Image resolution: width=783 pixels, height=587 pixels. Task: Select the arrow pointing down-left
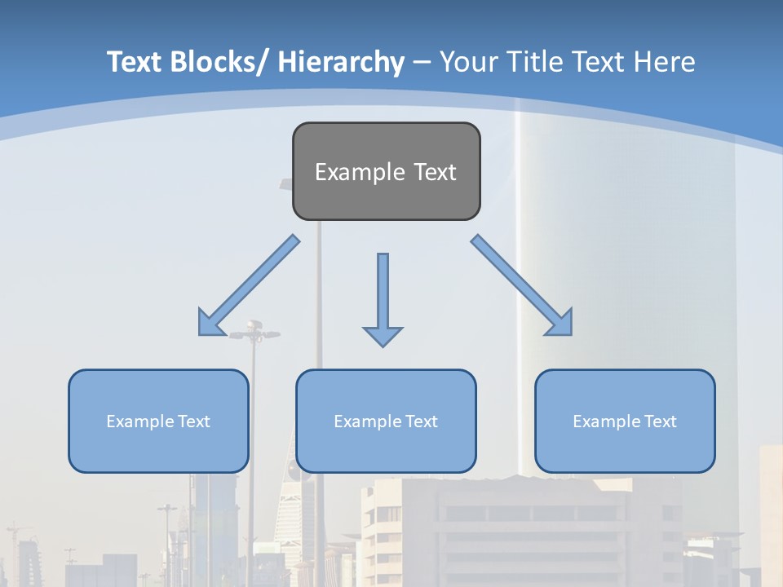tap(249, 285)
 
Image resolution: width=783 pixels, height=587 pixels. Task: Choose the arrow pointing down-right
tap(522, 285)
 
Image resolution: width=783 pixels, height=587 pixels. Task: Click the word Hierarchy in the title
tap(341, 62)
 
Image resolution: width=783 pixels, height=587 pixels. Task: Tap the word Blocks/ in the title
tap(216, 62)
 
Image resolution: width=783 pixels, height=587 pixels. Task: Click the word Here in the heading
tap(664, 62)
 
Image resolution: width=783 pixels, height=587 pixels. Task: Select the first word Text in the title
tap(135, 62)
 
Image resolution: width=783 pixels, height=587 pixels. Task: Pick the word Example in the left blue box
tap(139, 421)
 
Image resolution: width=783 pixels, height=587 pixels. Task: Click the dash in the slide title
tap(422, 64)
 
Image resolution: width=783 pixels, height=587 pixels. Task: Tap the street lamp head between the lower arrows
tap(254, 330)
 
